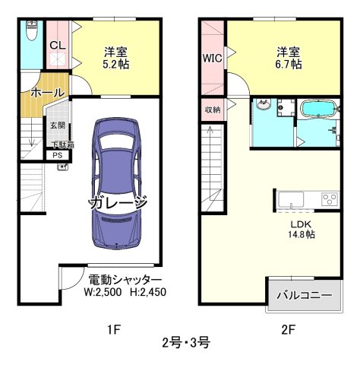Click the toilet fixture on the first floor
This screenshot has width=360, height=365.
(x=32, y=30)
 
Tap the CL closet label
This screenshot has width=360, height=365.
(x=58, y=46)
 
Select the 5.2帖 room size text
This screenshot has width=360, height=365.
(x=115, y=65)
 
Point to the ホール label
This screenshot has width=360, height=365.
(x=48, y=93)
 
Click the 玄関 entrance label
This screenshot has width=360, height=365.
(x=58, y=125)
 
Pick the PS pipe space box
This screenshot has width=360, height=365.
(x=58, y=155)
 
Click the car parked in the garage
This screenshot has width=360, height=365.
(x=116, y=184)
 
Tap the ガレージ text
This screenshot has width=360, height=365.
(x=118, y=202)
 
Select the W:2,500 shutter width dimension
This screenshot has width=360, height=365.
(x=103, y=292)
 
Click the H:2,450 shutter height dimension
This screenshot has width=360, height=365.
(x=148, y=292)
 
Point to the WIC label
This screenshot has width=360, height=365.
(x=212, y=59)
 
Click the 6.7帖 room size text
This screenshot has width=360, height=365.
(x=289, y=65)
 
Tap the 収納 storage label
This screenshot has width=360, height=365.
(x=213, y=110)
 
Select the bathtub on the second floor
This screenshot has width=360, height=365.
(x=319, y=109)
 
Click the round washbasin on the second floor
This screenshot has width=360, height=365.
(x=264, y=104)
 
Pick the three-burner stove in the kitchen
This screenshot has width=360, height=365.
(x=330, y=199)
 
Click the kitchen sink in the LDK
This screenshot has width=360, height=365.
(x=291, y=200)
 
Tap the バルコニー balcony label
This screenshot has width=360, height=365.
(x=305, y=295)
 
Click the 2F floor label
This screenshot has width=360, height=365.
(x=289, y=330)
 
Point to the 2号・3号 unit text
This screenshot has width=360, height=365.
(x=186, y=343)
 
